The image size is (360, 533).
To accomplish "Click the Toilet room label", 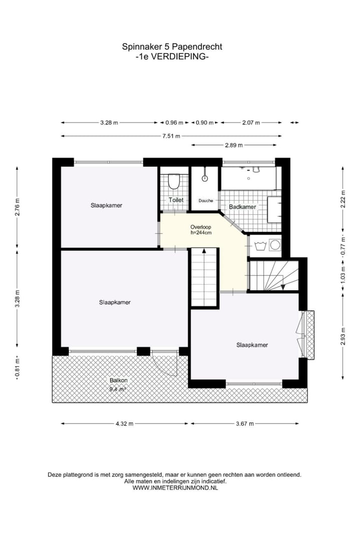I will point(176,200).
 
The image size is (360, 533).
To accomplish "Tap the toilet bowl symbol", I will point(174,182).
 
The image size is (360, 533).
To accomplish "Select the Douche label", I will point(205,200).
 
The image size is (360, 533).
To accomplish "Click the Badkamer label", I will point(242,207).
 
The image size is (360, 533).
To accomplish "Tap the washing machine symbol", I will point(274,245).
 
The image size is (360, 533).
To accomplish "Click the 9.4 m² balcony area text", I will point(117,388).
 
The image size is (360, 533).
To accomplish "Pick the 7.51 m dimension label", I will point(171,135).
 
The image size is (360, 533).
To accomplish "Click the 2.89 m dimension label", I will point(233,145).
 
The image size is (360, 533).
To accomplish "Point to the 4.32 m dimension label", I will point(124,423).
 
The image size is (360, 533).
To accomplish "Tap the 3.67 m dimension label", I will point(244,423).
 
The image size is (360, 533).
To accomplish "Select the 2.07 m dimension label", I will point(250,122).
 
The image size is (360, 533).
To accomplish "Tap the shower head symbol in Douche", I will point(204,177).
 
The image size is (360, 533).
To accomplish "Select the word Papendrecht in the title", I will point(196,47).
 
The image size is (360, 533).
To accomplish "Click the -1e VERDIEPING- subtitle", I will point(172,57).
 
